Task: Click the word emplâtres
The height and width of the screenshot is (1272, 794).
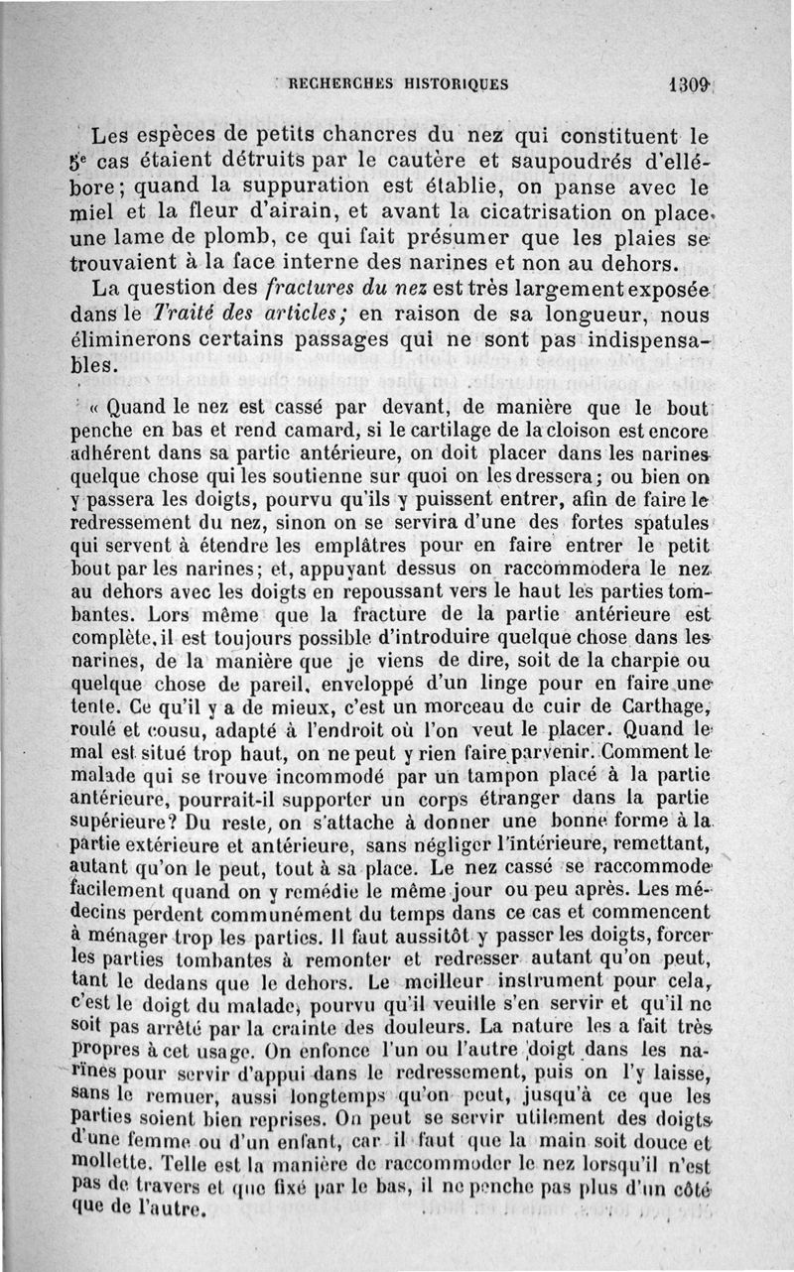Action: pos(311,545)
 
